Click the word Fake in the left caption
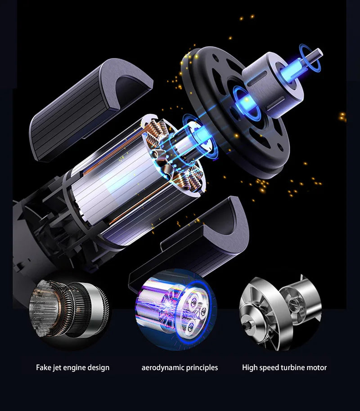(x=43, y=368)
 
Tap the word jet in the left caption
(x=57, y=368)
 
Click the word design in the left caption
(x=99, y=368)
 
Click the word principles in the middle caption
(x=201, y=368)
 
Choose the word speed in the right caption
(x=269, y=368)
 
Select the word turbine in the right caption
(x=293, y=368)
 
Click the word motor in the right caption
(x=317, y=368)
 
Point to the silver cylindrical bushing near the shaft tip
(x=270, y=81)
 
